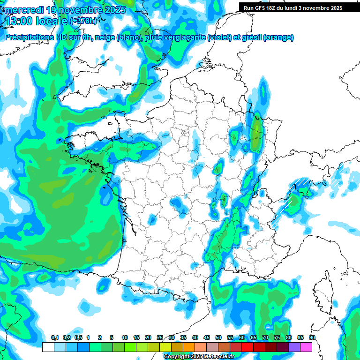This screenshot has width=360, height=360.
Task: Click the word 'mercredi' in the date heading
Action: [24, 10]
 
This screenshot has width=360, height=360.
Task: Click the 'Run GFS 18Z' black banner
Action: [291, 8]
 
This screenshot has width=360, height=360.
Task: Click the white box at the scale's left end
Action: [48, 347]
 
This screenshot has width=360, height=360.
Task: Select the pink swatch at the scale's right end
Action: [306, 347]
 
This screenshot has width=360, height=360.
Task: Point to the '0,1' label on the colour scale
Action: [54, 338]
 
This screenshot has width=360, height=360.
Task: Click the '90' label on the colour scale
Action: [312, 338]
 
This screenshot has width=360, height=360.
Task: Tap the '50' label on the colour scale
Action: [218, 338]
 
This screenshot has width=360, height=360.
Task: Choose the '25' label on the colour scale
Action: [160, 338]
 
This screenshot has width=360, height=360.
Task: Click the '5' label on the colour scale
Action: [112, 338]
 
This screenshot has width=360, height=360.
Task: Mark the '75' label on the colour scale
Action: [277, 338]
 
